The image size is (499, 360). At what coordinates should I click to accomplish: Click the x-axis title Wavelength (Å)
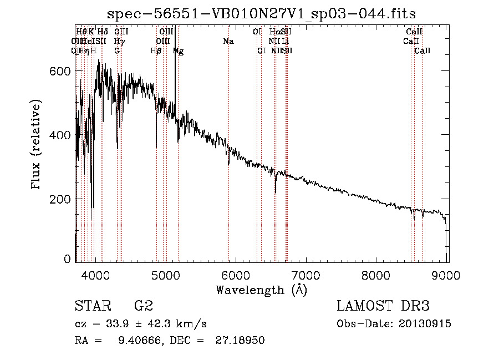[261, 289]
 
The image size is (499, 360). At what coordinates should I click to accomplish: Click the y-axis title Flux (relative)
[37, 145]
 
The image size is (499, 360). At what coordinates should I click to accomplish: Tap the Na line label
[228, 42]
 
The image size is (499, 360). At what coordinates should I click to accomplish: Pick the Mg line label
[178, 51]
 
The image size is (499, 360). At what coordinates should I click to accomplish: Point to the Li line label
[285, 42]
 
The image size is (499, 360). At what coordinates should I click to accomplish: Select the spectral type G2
[143, 306]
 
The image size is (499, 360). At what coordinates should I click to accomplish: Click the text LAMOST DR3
[383, 306]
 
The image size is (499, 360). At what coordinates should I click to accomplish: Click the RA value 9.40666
[136, 341]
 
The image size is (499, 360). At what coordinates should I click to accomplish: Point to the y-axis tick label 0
[68, 260]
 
